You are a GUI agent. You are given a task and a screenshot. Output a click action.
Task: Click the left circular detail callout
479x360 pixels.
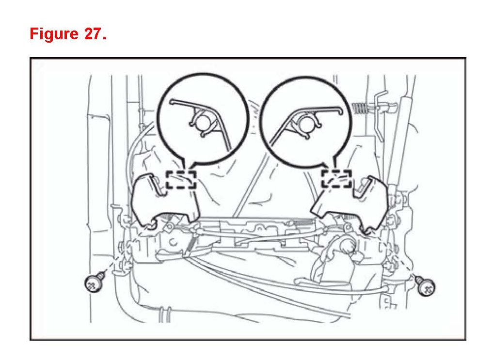pyautogui.click(x=203, y=119)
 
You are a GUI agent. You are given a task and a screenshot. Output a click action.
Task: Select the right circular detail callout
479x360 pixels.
pyautogui.click(x=305, y=119)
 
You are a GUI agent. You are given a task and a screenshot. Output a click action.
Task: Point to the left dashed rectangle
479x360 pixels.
pyautogui.click(x=181, y=179)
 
